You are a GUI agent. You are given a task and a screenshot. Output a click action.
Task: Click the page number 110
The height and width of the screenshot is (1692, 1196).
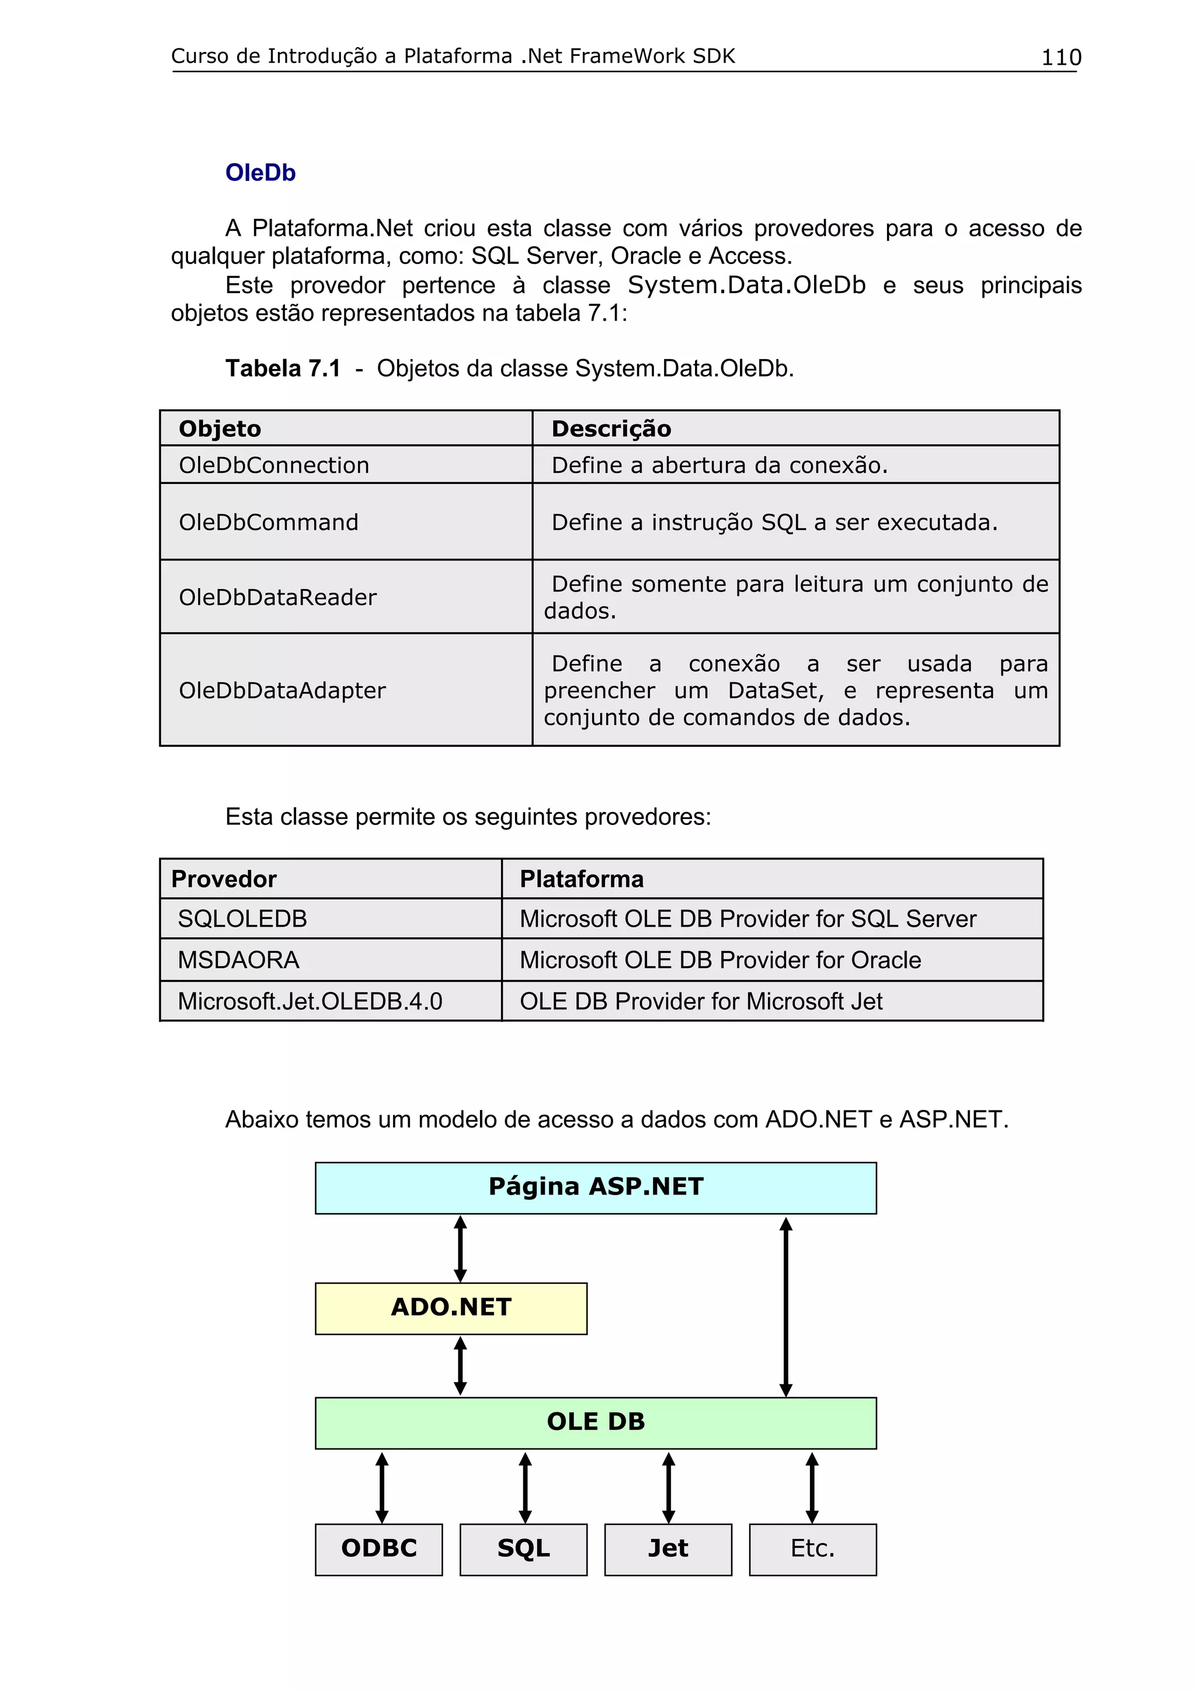click(1061, 57)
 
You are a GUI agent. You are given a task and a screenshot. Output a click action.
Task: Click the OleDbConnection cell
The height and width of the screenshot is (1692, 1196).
click(273, 465)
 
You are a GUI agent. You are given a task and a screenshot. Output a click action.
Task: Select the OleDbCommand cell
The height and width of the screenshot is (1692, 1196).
click(268, 522)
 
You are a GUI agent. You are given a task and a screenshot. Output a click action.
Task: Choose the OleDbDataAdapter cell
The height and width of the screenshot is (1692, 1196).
click(281, 691)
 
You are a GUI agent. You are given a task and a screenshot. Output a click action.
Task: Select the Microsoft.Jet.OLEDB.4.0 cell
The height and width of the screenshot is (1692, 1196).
click(310, 1001)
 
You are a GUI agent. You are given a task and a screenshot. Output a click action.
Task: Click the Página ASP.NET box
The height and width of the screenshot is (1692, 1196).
click(596, 1187)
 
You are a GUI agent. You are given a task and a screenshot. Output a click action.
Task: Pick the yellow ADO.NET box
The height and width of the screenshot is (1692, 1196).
click(451, 1307)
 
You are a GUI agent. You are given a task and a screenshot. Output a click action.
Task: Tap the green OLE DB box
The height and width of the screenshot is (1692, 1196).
click(596, 1422)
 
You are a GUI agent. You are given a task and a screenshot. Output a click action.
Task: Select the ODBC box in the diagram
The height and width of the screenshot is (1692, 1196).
click(379, 1548)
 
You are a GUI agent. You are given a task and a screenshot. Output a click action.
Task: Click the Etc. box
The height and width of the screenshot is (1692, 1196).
click(812, 1548)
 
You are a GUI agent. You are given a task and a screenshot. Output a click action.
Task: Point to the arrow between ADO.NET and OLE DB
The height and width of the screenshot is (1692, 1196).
click(460, 1366)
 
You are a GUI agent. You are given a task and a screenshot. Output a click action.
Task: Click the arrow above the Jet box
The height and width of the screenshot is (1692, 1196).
click(669, 1486)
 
